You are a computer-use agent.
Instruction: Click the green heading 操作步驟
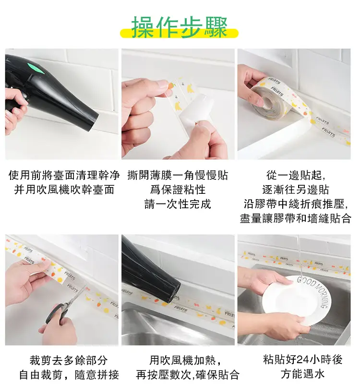tap(180, 27)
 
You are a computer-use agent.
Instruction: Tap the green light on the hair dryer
tap(37, 68)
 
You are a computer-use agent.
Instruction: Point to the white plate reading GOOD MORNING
tap(297, 299)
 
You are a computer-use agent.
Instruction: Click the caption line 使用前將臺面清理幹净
tap(64, 175)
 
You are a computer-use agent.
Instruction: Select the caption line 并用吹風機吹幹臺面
tap(64, 190)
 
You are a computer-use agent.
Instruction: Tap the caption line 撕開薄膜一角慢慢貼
tap(178, 175)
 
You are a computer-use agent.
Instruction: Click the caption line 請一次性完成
tap(178, 204)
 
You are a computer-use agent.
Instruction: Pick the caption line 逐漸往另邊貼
tap(296, 190)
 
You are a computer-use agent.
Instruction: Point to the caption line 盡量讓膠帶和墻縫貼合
tap(296, 218)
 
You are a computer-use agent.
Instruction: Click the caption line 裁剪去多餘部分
tap(69, 360)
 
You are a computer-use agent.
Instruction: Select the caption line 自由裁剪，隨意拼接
tap(69, 375)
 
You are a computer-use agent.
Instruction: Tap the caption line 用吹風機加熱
tap(185, 360)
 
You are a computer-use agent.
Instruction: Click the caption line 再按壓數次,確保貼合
tap(188, 375)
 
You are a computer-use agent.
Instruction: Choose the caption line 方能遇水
tap(302, 374)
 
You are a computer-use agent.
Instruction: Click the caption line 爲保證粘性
tap(178, 190)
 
